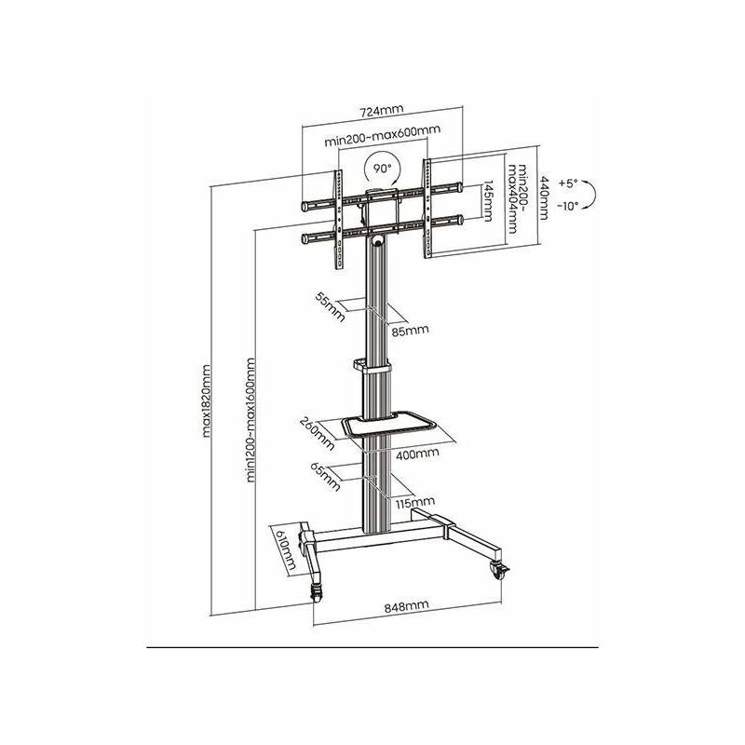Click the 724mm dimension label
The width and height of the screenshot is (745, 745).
381,110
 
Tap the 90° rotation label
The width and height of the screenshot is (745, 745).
382,169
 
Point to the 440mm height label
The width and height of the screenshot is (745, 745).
544,198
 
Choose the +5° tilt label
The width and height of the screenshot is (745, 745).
568,183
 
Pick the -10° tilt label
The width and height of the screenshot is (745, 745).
568,206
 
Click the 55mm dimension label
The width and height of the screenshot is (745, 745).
330,306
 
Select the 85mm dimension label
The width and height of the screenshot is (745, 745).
410,331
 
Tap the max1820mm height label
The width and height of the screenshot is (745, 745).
206,400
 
